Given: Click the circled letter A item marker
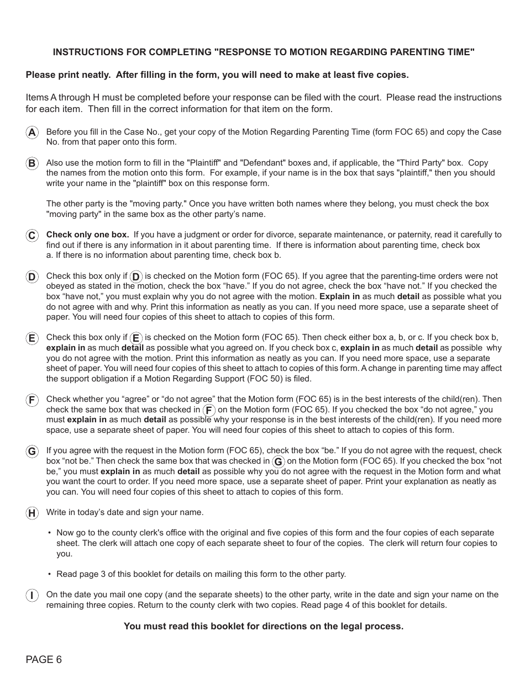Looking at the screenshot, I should (32, 132).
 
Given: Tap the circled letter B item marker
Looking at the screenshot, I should (32, 163).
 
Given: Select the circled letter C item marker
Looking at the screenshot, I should (32, 236).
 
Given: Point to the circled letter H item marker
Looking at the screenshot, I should (32, 513).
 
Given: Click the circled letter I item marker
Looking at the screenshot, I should (32, 596).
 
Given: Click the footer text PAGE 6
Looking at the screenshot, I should (44, 660).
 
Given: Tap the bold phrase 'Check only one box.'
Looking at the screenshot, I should (87, 235).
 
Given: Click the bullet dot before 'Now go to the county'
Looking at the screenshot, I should (49, 533).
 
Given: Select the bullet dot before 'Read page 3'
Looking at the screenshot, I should (49, 574).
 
